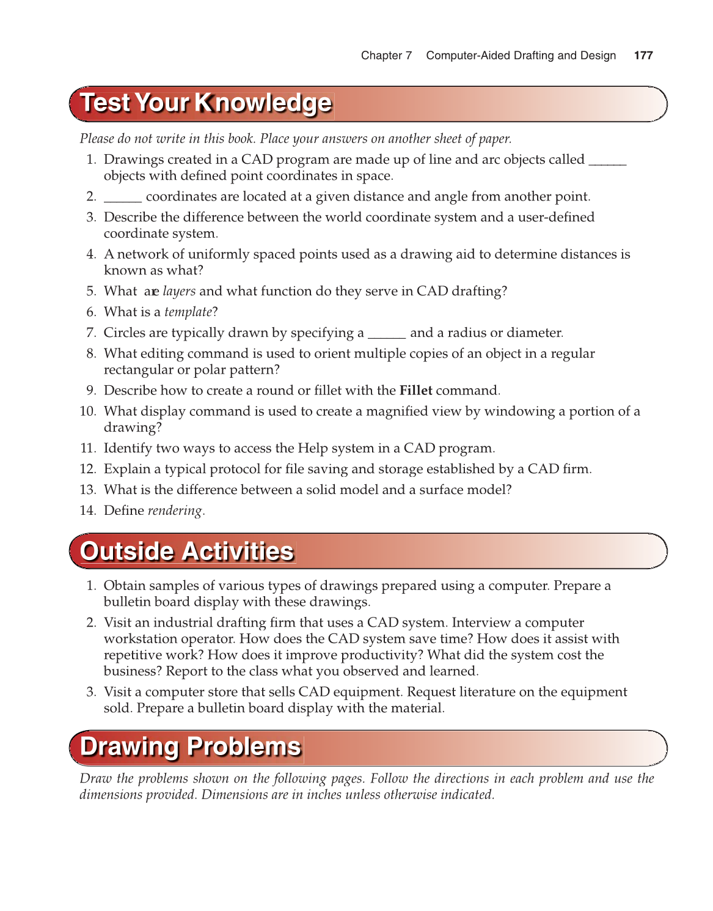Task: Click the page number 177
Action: (643, 56)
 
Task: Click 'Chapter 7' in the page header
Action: (386, 56)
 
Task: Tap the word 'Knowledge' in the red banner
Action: (263, 103)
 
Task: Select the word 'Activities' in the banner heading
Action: (238, 551)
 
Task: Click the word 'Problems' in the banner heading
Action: (244, 747)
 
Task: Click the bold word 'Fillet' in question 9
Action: (415, 391)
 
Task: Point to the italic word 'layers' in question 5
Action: (179, 292)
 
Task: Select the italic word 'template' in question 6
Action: (188, 312)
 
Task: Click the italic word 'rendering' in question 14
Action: (175, 511)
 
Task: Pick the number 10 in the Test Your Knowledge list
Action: (87, 411)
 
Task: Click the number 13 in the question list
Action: (87, 490)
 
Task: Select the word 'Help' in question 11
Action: (312, 448)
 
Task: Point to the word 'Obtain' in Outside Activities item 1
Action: (124, 586)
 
